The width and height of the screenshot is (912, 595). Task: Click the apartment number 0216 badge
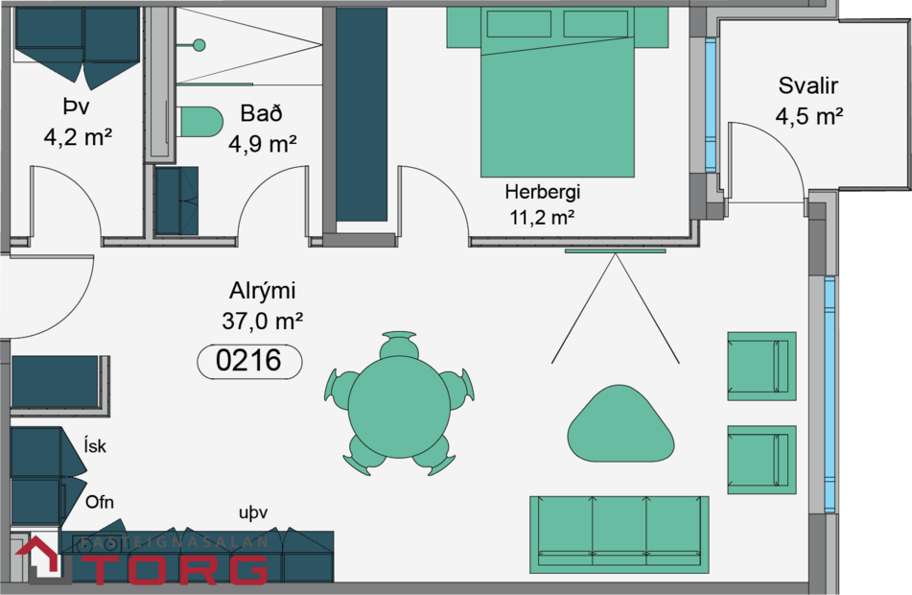click(x=248, y=361)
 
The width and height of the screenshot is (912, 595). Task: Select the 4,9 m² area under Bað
click(x=262, y=145)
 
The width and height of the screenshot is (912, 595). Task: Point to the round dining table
click(x=399, y=407)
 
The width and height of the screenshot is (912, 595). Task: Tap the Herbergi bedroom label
click(x=543, y=191)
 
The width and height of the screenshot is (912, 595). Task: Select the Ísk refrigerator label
click(x=96, y=445)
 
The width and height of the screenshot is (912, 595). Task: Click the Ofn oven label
click(x=100, y=502)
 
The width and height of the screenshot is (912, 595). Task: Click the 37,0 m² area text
click(x=262, y=321)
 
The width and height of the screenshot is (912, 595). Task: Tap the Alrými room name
click(x=262, y=291)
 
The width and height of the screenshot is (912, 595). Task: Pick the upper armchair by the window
click(x=761, y=366)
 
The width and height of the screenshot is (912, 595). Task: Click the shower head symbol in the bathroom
click(x=199, y=44)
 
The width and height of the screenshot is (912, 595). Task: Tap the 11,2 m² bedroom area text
click(x=542, y=217)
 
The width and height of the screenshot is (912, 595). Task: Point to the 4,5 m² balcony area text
click(x=808, y=117)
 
